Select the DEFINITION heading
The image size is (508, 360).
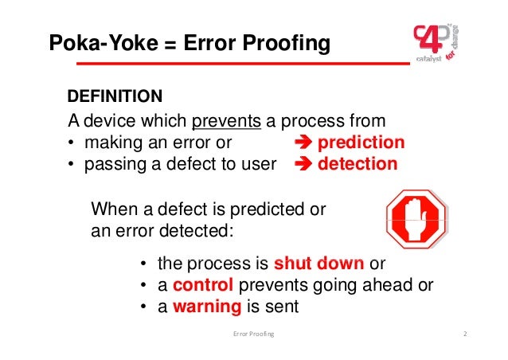coord(115,96)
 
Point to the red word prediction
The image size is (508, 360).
coord(361,143)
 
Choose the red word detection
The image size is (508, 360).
coord(358,165)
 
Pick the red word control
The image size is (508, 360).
coord(202,285)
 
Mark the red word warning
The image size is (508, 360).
coord(206,307)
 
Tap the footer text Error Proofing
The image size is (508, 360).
coord(253,334)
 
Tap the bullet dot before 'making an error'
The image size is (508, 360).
coord(72,144)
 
